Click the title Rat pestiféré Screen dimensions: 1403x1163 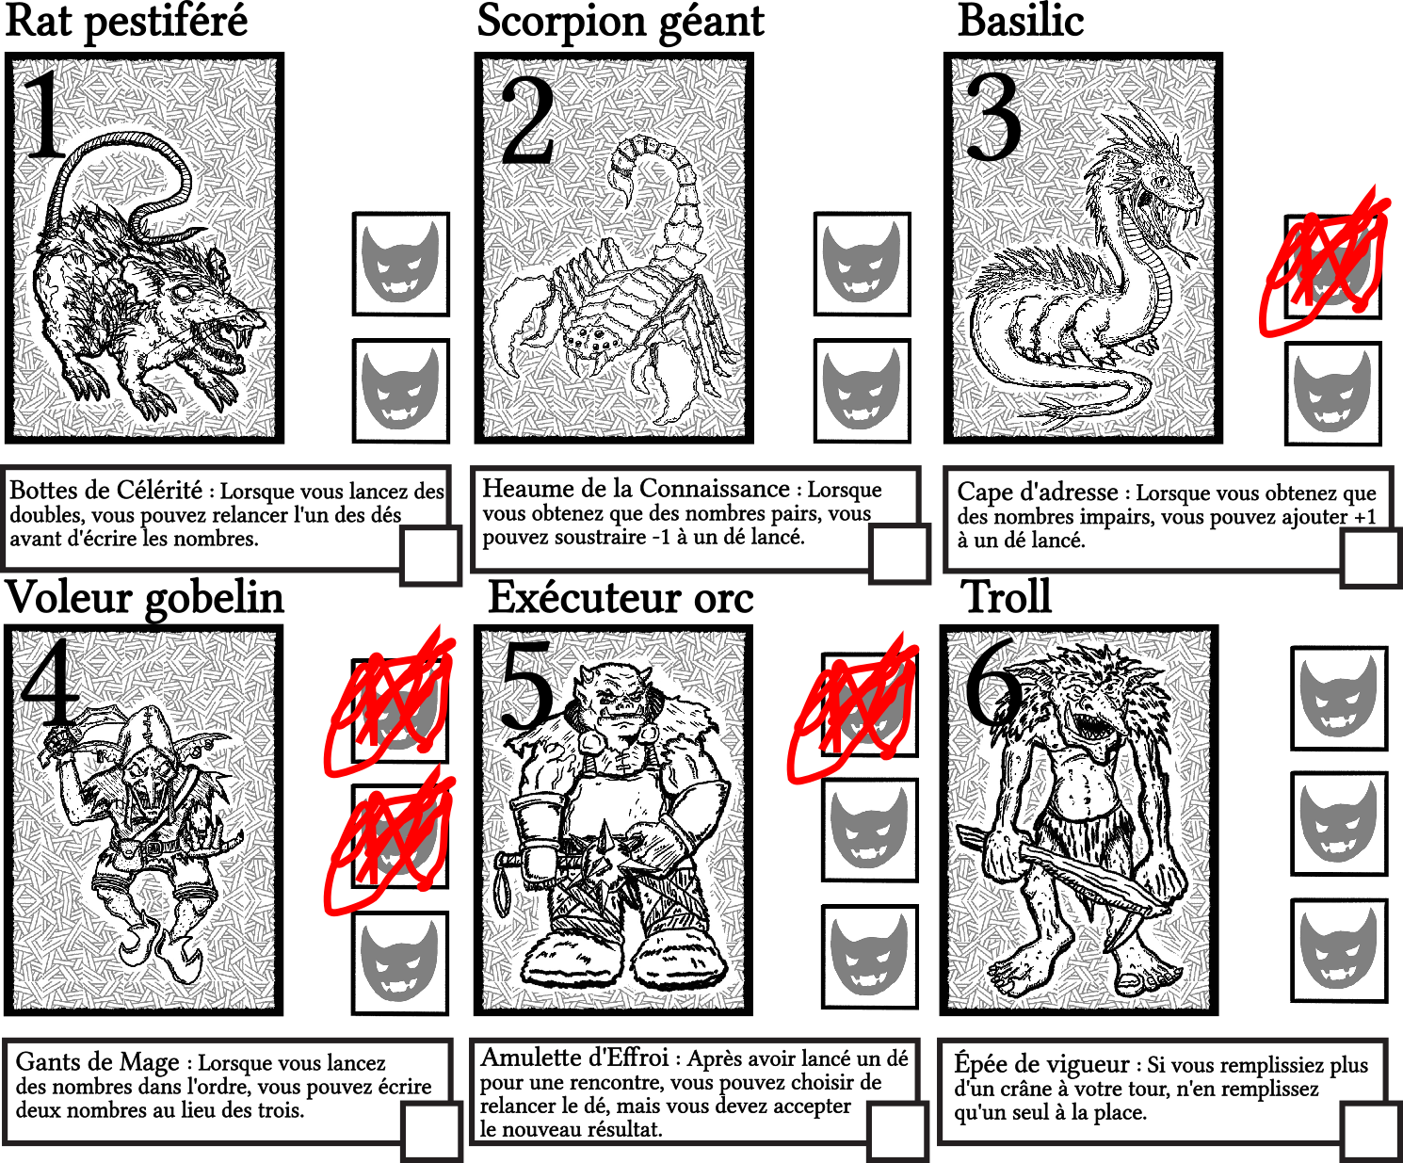click(x=126, y=22)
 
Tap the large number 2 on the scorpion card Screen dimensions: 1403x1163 click(x=528, y=121)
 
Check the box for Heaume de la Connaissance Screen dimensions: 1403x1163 click(x=899, y=555)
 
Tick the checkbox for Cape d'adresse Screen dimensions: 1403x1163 click(x=1371, y=558)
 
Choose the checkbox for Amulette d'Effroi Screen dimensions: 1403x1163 click(x=897, y=1131)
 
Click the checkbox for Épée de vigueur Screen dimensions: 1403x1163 click(x=1372, y=1133)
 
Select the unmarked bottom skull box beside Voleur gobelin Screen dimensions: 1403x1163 click(x=400, y=962)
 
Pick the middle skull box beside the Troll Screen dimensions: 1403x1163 click(x=1338, y=824)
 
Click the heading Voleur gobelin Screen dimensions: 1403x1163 click(x=144, y=598)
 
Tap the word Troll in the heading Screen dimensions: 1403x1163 click(x=1008, y=597)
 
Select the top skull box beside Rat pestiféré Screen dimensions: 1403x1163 click(x=401, y=264)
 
